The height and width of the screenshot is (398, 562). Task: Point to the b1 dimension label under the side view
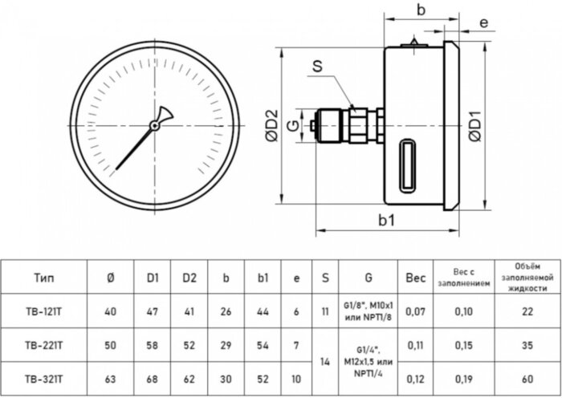[x=387, y=219]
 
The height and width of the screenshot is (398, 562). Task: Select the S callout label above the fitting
[x=317, y=69]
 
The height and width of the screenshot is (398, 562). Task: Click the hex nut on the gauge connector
[x=357, y=124]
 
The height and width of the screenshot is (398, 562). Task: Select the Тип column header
[x=45, y=278]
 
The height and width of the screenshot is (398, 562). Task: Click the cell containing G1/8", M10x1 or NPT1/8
[x=367, y=311]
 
